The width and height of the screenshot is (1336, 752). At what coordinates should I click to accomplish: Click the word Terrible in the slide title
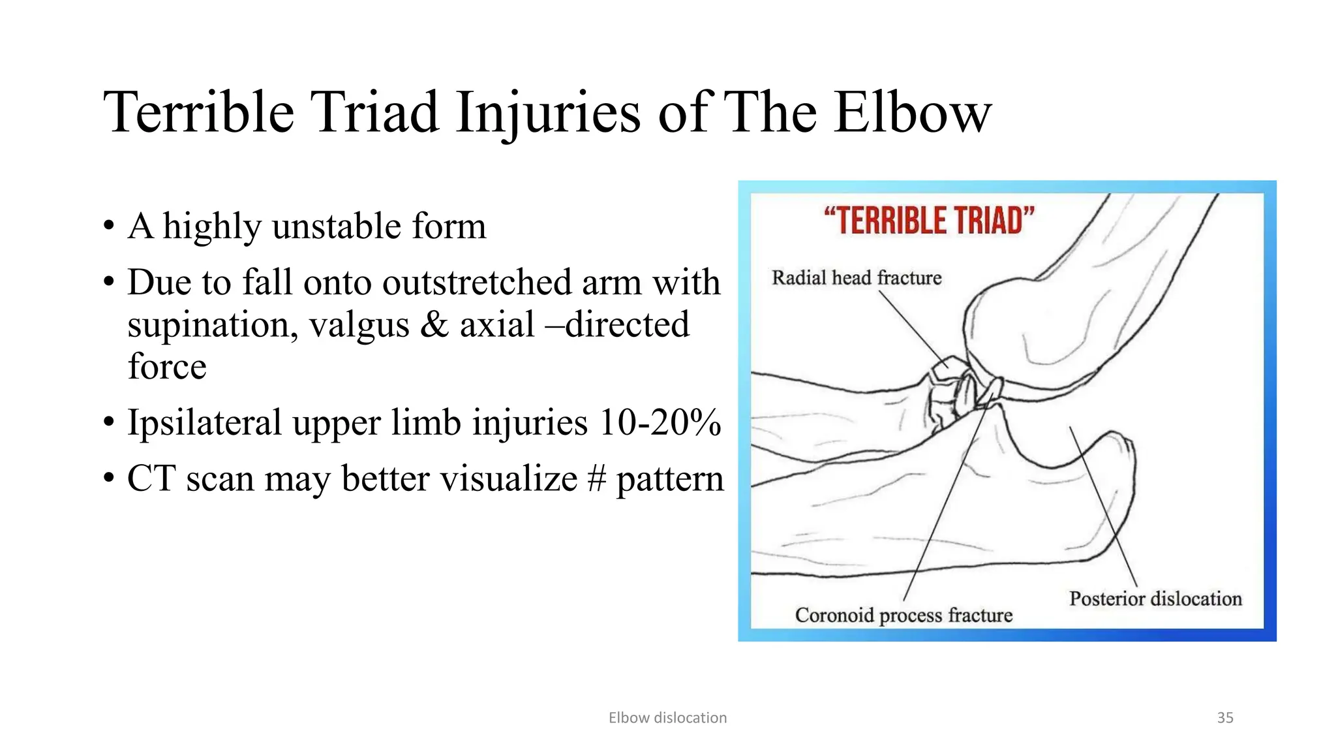(x=199, y=112)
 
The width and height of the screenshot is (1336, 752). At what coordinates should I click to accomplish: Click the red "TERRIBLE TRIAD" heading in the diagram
(x=929, y=221)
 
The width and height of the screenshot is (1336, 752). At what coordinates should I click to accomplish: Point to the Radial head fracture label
(x=857, y=278)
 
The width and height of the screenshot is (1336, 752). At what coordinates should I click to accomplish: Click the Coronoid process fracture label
(x=903, y=615)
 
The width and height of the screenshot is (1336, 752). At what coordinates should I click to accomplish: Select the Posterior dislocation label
(x=1155, y=599)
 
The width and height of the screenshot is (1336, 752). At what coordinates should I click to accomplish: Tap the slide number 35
(x=1225, y=717)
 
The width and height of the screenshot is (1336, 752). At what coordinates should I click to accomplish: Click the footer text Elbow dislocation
(x=667, y=717)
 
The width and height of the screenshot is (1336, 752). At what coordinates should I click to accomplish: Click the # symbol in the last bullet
(x=596, y=478)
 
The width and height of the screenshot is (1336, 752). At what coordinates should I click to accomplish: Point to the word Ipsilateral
(x=204, y=422)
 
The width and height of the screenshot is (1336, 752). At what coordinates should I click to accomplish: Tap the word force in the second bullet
(x=167, y=366)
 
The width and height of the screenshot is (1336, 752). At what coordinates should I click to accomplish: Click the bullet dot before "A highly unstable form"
(x=109, y=228)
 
